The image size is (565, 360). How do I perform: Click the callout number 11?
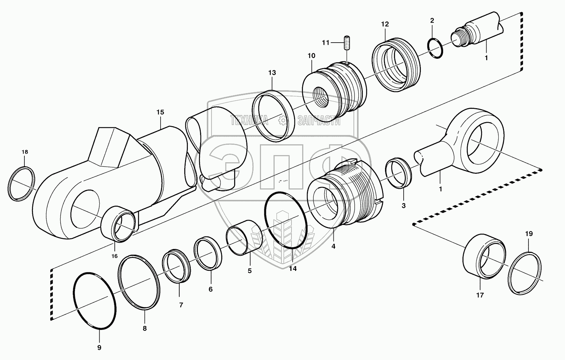pyautogui.click(x=325, y=43)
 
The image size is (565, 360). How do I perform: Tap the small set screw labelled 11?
pyautogui.click(x=347, y=43)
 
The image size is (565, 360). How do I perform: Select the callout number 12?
pyautogui.click(x=385, y=24)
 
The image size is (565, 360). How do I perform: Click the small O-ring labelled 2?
pyautogui.click(x=435, y=49)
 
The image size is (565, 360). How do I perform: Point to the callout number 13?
pyautogui.click(x=272, y=73)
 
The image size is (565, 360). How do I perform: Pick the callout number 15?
pyautogui.click(x=160, y=112)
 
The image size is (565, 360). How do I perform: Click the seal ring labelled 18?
pyautogui.click(x=22, y=183)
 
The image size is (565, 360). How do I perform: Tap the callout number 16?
pyautogui.click(x=114, y=256)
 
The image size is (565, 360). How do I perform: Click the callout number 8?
pyautogui.click(x=144, y=328)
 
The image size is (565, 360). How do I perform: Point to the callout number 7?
pyautogui.click(x=181, y=305)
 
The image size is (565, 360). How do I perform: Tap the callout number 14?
pyautogui.click(x=293, y=269)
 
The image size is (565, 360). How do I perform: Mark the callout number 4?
pyautogui.click(x=333, y=246)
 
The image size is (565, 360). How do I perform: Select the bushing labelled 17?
pyautogui.click(x=483, y=256)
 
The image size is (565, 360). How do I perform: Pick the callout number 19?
pyautogui.click(x=529, y=234)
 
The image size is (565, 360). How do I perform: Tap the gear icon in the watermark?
pyautogui.click(x=283, y=121)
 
